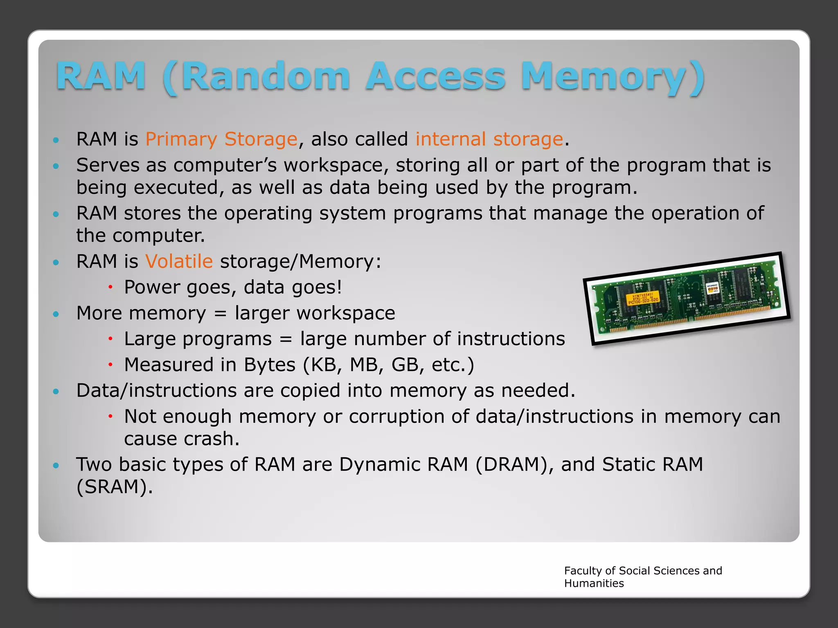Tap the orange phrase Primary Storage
221,139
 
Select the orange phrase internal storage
489,139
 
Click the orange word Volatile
179,261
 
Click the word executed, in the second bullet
179,188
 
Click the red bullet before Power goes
110,287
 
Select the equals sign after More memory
220,314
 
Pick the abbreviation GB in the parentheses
405,365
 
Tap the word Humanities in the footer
594,583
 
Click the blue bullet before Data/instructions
56,391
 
